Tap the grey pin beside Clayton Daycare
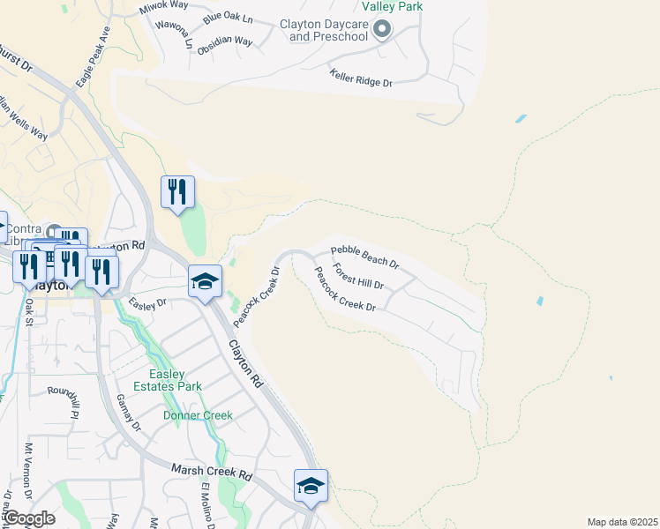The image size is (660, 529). (382, 30)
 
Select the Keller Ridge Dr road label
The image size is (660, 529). (360, 79)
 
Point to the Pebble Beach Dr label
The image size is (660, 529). (365, 257)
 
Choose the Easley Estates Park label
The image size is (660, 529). (170, 380)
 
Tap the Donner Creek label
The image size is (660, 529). (198, 415)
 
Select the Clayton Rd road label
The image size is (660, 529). (246, 364)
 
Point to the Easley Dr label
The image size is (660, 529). (147, 303)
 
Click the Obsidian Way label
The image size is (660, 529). (225, 41)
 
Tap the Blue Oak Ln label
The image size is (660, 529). (227, 19)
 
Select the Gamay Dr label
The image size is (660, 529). (128, 413)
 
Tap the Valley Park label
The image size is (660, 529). (397, 6)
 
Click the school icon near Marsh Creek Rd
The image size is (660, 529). (311, 487)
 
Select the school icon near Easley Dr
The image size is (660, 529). (205, 281)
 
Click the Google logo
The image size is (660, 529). (28, 518)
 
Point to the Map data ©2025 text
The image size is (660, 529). (622, 522)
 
